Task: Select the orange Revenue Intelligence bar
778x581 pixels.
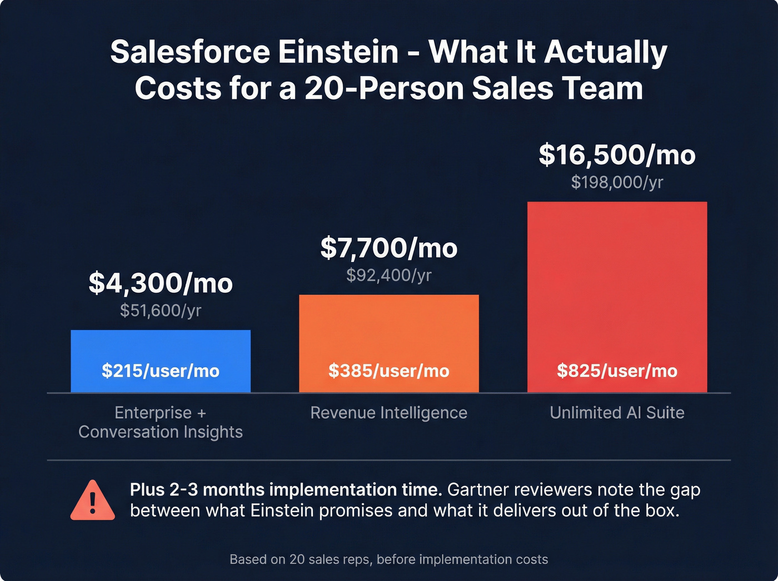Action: pos(388,328)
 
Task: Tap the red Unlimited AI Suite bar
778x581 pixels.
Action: pos(617,278)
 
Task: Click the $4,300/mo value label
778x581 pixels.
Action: pos(161,283)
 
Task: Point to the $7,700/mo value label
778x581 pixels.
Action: pos(388,248)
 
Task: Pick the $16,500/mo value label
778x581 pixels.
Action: pos(617,155)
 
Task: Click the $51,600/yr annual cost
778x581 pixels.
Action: pos(161,310)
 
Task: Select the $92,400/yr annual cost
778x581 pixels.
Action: pos(388,275)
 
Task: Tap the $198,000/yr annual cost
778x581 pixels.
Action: pos(617,182)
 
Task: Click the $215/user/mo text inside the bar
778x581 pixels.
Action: pos(161,371)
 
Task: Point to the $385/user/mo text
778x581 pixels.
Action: pos(388,371)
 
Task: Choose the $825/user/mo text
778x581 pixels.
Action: pos(617,371)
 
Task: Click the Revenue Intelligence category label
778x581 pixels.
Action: pos(388,413)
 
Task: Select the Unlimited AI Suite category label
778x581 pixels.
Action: pos(617,413)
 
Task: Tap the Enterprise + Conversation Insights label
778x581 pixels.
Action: pos(161,423)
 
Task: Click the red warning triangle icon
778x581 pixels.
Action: pos(93,501)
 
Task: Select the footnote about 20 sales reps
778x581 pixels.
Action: pos(388,559)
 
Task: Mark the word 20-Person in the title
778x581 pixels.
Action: pos(383,88)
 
